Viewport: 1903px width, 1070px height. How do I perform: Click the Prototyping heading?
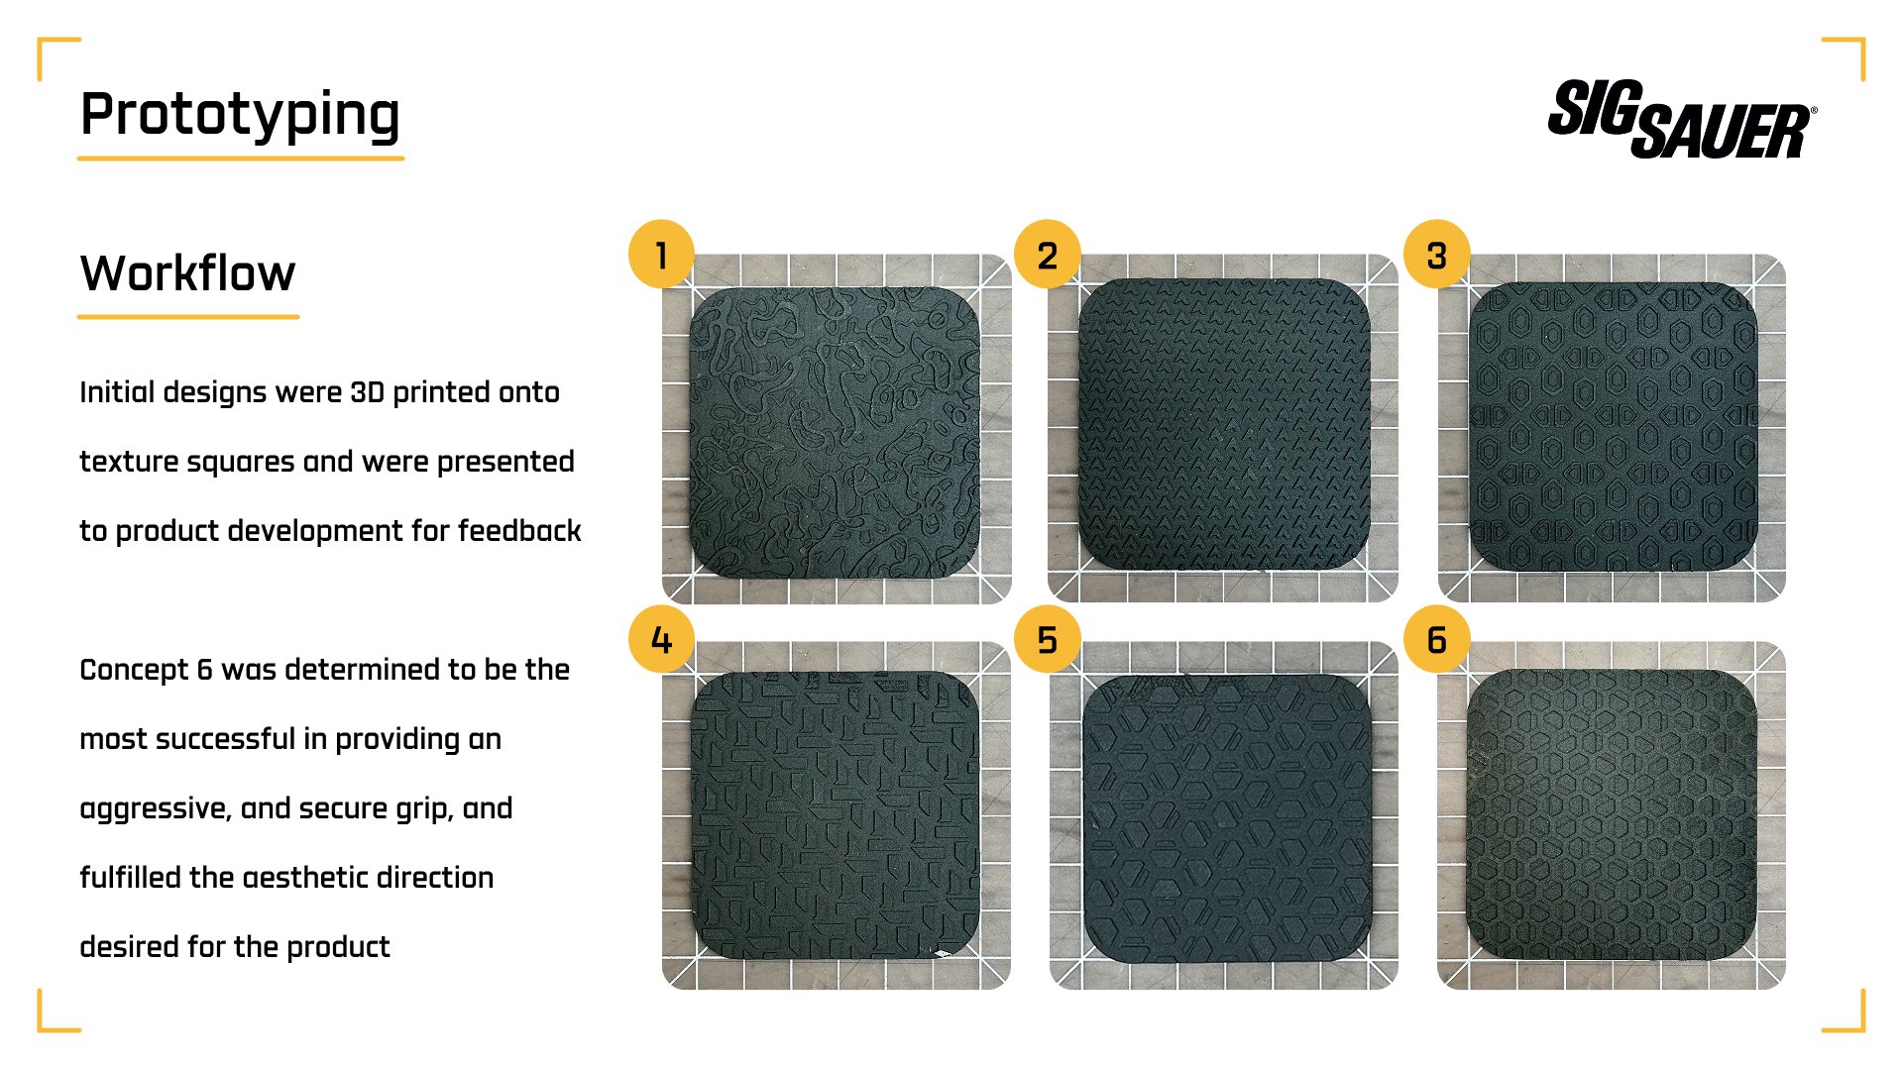pos(240,115)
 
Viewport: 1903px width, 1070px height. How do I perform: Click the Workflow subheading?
pos(187,273)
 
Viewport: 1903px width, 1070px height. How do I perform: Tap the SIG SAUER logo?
pos(1681,119)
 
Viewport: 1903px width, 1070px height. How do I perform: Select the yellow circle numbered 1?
pos(661,255)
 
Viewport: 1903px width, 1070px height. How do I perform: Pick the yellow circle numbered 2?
pos(1047,255)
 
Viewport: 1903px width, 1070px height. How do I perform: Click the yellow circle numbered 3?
pos(1436,255)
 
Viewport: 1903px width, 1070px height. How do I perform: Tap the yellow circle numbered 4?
pos(661,640)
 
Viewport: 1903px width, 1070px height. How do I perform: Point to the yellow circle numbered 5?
pos(1047,640)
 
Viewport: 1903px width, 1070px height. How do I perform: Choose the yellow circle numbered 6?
pos(1436,640)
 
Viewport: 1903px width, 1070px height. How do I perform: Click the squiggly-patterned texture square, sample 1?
pos(835,433)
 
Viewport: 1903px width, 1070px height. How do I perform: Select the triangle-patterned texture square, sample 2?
pos(1223,426)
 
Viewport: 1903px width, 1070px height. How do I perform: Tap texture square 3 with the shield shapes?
pos(1613,428)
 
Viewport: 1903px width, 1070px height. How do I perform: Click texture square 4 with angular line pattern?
pos(835,815)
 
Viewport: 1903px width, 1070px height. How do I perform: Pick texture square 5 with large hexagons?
pos(1227,818)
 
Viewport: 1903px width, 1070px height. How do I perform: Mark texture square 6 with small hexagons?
pos(1612,815)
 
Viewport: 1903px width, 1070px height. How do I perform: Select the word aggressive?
pos(153,808)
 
